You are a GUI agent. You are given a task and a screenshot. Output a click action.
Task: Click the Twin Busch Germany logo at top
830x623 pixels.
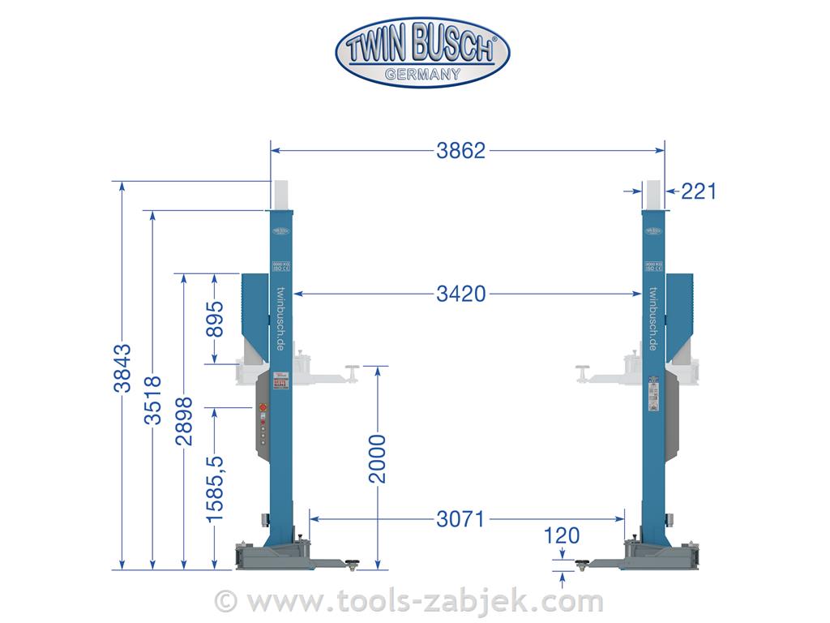tap(422, 53)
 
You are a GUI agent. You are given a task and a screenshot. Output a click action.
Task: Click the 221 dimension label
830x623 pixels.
tap(698, 191)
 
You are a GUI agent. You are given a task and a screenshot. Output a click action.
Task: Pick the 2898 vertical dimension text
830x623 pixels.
tap(183, 421)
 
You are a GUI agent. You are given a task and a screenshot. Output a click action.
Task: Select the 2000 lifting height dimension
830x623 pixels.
tap(378, 459)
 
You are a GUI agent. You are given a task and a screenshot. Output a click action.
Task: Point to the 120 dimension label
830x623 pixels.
tap(563, 536)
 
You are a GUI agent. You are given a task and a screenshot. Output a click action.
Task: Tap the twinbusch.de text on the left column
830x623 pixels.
tap(280, 319)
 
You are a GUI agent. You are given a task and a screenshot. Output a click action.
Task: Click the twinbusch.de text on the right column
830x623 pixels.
tap(653, 319)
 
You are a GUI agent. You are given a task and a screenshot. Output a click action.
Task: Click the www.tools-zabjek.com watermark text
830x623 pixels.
tap(425, 601)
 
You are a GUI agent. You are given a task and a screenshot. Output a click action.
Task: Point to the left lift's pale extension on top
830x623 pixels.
tap(280, 194)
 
